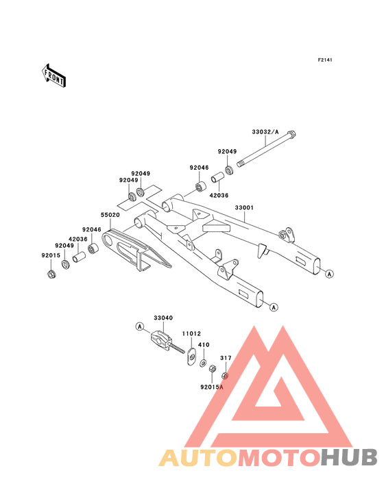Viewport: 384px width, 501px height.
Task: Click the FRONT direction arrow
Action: [53, 75]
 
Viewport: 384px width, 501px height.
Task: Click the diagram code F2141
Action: [325, 60]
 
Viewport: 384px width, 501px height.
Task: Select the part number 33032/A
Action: [265, 132]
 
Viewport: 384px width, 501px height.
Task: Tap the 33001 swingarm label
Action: [244, 207]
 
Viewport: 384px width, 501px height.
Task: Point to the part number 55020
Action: [110, 215]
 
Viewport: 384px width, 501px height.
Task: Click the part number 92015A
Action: [211, 387]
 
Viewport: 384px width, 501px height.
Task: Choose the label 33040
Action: [163, 318]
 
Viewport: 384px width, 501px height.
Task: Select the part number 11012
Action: [191, 333]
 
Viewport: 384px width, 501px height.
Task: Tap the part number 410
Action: [204, 345]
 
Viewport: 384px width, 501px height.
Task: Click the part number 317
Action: [226, 358]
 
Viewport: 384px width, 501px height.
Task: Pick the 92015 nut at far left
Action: [51, 274]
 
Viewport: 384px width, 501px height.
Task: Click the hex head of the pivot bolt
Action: [291, 134]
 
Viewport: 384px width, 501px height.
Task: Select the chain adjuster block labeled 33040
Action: [160, 339]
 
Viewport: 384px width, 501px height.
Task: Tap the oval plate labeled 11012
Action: [191, 357]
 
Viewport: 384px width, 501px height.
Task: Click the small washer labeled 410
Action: [203, 363]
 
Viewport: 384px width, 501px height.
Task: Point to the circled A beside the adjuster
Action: [139, 326]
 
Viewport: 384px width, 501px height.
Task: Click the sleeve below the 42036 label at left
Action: [79, 257]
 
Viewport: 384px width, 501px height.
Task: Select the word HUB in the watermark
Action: [349, 457]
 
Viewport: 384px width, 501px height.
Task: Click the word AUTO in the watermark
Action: [199, 457]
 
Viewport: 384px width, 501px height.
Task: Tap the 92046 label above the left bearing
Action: [91, 230]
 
